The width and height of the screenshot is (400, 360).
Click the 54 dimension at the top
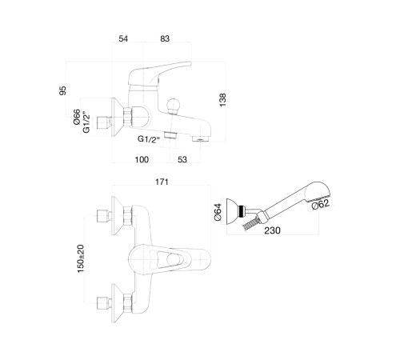point(123,38)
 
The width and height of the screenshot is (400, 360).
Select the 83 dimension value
point(165,38)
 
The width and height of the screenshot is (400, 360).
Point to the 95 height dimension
point(62,90)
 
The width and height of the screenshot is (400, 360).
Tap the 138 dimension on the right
point(222,100)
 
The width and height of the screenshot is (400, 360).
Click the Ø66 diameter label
point(77,117)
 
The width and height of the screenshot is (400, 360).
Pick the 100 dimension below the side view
point(142,159)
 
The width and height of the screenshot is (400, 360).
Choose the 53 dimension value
point(182,159)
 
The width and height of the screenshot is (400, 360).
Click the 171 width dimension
point(162,182)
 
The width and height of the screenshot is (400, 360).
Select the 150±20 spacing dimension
point(81,258)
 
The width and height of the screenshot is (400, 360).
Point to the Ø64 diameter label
point(218,212)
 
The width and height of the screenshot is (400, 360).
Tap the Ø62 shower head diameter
point(321,205)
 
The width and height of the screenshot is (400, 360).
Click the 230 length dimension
point(272,230)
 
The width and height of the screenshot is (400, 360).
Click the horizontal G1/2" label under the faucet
point(149,139)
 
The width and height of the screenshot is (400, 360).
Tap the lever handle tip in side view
point(189,63)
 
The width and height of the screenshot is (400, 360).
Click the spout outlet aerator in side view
point(201,139)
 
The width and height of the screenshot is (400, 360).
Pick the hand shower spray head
point(318,192)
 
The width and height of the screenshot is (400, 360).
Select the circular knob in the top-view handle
point(173,259)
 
